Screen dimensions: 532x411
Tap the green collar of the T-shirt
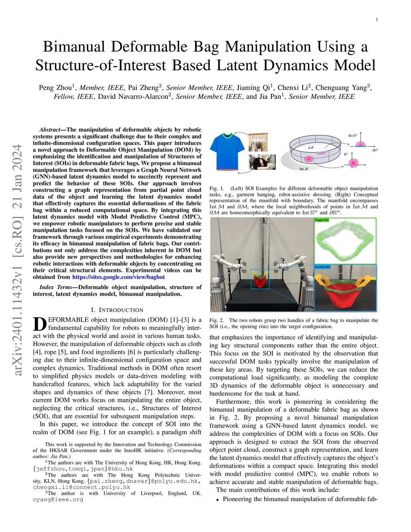[x=228, y=135]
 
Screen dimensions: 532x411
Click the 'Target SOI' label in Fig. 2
[x=321, y=220]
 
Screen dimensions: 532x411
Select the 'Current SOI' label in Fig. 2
[x=322, y=267]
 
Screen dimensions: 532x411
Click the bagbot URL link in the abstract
[x=118, y=277]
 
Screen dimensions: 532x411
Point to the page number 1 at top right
[x=376, y=20]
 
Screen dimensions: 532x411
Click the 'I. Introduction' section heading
[x=117, y=310]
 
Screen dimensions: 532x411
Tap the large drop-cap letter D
[x=39, y=324]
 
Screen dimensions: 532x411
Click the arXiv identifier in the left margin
[x=18, y=261]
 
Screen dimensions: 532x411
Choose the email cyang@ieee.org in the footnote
[x=58, y=499]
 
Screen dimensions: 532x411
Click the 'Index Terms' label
[x=56, y=287]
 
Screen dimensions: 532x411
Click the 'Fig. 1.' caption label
[x=217, y=188]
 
